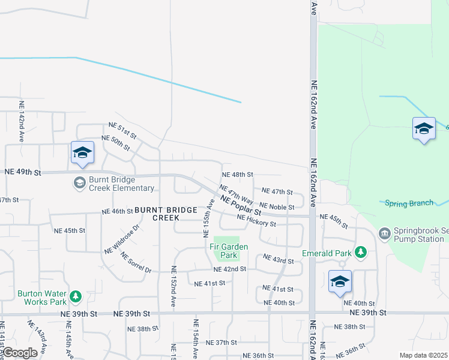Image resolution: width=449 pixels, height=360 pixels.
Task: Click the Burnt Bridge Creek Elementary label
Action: pos(122,184)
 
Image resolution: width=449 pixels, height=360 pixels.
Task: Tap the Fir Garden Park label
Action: pos(228,250)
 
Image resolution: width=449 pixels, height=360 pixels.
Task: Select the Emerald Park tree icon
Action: pos(360,252)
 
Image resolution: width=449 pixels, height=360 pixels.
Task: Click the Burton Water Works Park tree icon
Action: pos(75,296)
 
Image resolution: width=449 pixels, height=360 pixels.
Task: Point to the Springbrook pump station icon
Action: pos(385,232)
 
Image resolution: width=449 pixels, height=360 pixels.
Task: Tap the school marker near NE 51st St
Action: pos(82,152)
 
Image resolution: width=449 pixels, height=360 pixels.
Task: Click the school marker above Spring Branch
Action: pos(423,129)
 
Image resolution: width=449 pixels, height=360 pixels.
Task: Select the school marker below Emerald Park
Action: pos(340,282)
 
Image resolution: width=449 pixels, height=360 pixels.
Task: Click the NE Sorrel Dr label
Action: pos(135,262)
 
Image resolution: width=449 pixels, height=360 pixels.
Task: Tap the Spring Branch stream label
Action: pos(409,203)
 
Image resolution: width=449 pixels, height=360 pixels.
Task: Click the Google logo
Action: pos(20,353)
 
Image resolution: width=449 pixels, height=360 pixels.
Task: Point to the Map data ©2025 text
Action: pos(423,355)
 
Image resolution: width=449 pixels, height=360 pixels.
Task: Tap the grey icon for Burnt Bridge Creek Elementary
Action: pos(79,182)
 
